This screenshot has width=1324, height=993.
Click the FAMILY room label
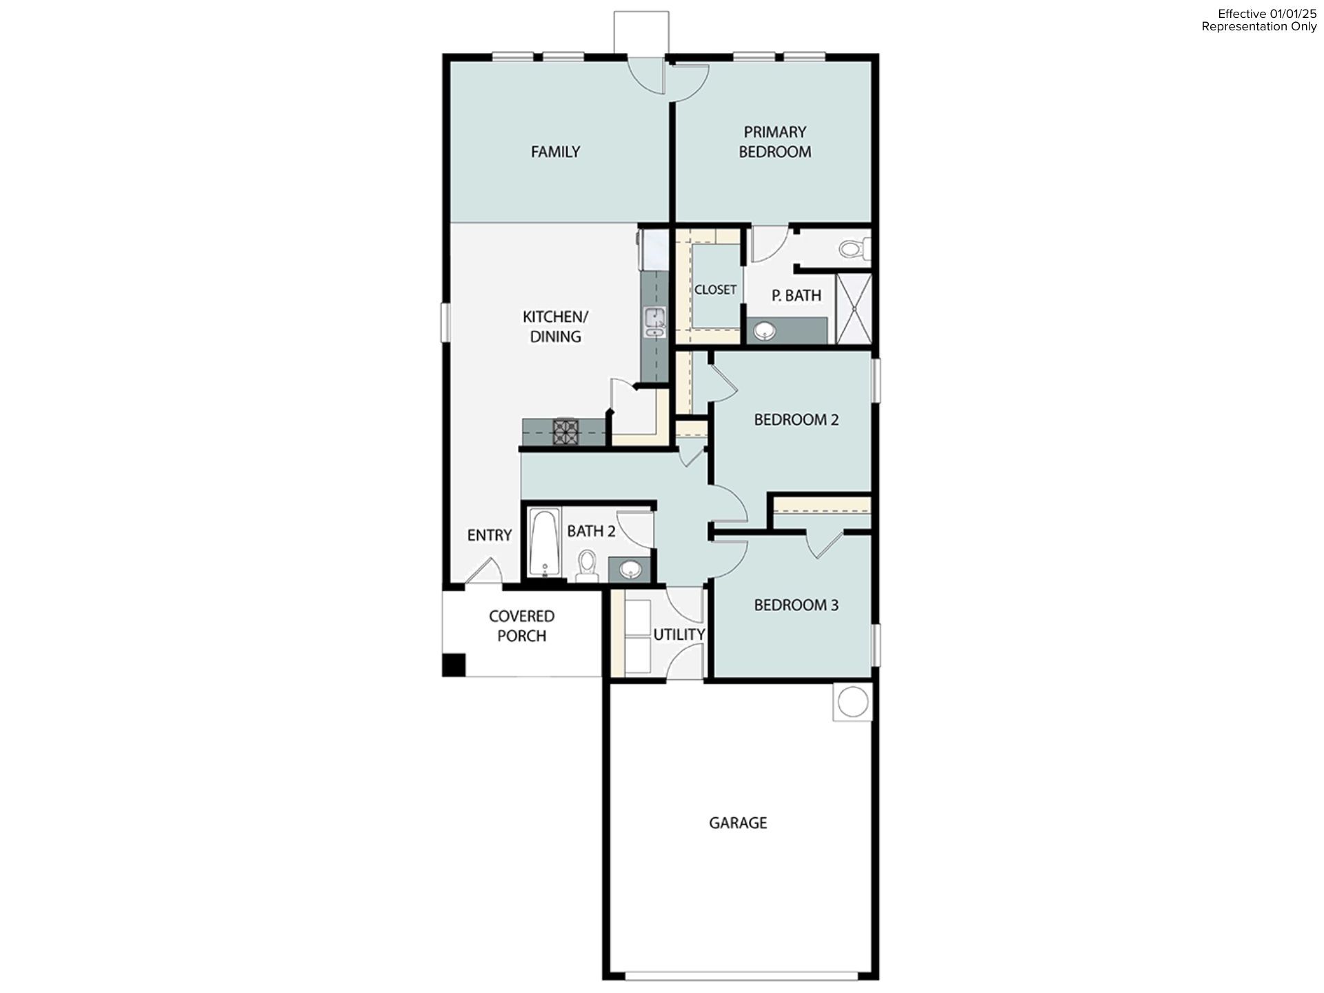click(x=555, y=152)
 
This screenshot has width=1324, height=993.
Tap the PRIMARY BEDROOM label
click(x=774, y=142)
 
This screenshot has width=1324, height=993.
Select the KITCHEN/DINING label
click(x=555, y=327)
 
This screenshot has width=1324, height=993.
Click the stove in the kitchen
click(x=565, y=432)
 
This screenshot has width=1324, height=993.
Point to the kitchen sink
click(x=654, y=322)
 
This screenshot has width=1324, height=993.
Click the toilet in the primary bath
click(x=854, y=248)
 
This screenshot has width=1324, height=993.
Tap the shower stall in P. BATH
click(x=854, y=309)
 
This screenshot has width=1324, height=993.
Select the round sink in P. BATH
click(x=764, y=332)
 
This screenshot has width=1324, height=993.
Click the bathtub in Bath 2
click(x=544, y=543)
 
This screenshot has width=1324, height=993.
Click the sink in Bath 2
click(x=630, y=570)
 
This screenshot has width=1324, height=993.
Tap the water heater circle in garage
click(x=852, y=702)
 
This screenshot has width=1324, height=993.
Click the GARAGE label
click(x=738, y=823)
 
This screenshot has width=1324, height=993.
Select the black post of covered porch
click(x=454, y=665)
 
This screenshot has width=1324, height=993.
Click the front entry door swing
click(x=484, y=572)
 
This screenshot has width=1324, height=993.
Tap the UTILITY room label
click(x=679, y=634)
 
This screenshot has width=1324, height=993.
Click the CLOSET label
click(x=715, y=290)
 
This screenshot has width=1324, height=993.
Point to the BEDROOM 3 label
click(x=796, y=605)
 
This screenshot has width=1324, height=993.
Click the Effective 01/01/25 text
click(x=1267, y=14)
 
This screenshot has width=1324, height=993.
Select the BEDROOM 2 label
click(x=796, y=420)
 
